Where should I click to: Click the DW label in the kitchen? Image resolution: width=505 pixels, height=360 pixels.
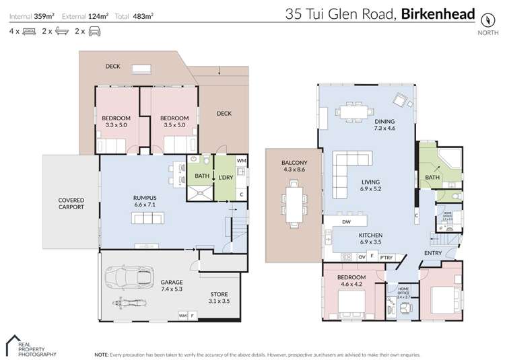(346, 221)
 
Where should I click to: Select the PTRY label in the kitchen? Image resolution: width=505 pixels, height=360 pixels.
(386, 257)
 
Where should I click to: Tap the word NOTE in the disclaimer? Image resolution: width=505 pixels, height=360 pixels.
(102, 353)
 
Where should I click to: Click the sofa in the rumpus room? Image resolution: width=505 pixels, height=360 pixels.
(148, 218)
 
